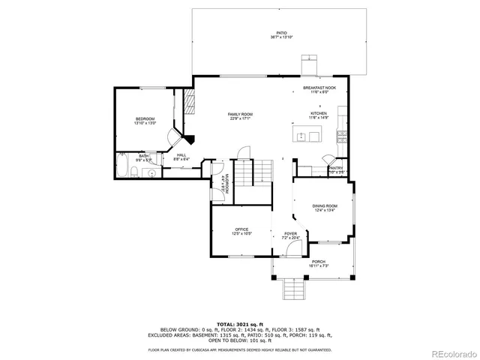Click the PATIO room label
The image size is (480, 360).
click(x=281, y=34)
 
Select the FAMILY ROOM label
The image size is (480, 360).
click(x=240, y=115)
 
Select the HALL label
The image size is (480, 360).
click(x=181, y=156)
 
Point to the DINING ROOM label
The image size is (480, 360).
click(x=325, y=207)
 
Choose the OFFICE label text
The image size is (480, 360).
click(x=241, y=231)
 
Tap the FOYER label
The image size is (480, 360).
click(x=289, y=235)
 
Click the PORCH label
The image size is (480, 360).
click(x=319, y=263)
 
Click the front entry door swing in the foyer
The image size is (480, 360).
click(x=291, y=250)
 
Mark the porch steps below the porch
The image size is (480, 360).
click(x=293, y=288)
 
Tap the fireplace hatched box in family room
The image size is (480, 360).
click(x=190, y=103)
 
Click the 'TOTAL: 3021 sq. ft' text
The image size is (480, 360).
click(x=240, y=323)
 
